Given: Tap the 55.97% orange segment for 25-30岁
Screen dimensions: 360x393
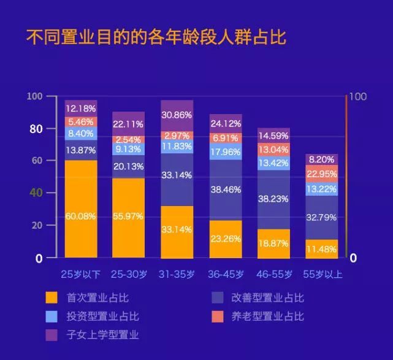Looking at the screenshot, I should point(128,217).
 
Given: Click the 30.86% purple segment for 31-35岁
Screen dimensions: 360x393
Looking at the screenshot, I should point(176,115).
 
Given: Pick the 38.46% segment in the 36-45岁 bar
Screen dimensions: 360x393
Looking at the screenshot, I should point(226,190).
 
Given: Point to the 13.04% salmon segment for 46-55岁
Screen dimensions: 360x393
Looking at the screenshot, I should point(273,150).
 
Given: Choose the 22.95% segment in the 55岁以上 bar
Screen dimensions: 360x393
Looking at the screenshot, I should point(321,173).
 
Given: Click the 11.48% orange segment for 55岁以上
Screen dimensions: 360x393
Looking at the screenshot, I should point(321,248).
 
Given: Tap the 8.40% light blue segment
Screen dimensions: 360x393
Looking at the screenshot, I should point(81,133).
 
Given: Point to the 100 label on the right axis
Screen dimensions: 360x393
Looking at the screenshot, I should point(358,97).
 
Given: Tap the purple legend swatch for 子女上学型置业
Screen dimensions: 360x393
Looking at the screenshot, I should point(52,335).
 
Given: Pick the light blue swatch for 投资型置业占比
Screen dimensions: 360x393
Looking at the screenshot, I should point(52,316).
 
